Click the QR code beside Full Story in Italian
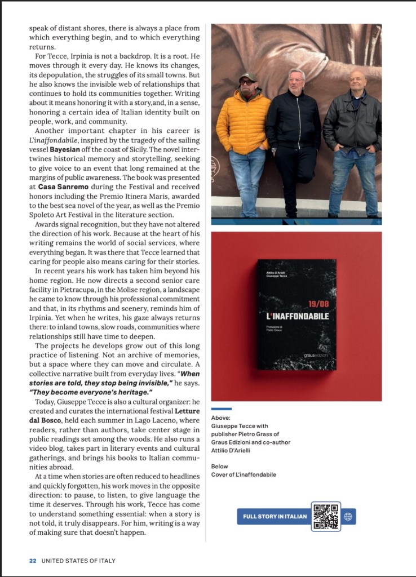tap(326, 516)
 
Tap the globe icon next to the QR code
tap(347, 517)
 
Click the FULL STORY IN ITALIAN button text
tap(275, 517)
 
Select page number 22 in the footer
tap(33, 561)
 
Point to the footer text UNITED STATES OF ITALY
tap(77, 561)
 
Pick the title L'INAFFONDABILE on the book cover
tap(297, 317)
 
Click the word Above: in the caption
tap(220, 418)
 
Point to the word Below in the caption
tap(220, 467)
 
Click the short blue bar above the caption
tap(221, 409)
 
